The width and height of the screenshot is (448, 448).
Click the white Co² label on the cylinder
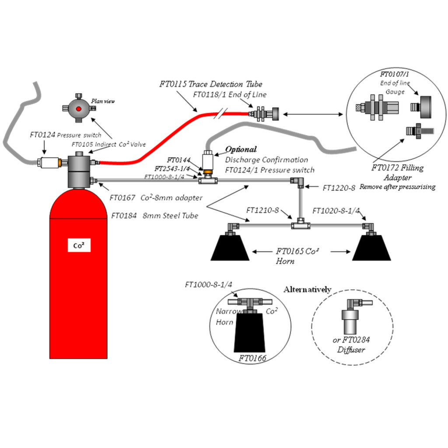tap(79, 246)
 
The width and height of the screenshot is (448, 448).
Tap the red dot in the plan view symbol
tap(79, 108)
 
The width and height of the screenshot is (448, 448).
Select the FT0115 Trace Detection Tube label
tap(211, 84)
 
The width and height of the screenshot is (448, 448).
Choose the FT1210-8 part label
tap(262, 210)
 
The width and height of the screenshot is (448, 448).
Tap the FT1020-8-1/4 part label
tap(336, 211)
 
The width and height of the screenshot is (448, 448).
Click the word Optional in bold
tap(241, 149)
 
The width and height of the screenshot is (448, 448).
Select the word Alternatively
tap(307, 290)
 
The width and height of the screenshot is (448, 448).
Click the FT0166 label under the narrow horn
tap(252, 358)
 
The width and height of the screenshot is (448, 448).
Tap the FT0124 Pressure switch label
tap(65, 135)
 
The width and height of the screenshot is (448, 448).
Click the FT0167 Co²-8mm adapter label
tap(156, 198)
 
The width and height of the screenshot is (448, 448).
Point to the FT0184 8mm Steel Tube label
tap(154, 215)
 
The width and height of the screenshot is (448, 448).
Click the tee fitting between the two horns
tap(300, 225)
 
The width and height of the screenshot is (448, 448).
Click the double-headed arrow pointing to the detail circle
tap(311, 114)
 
